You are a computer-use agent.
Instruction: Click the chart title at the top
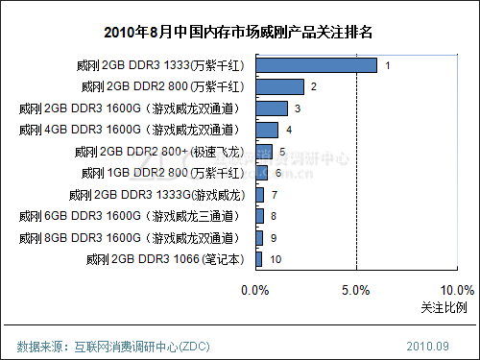coord(240,33)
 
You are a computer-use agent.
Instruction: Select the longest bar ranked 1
coord(316,65)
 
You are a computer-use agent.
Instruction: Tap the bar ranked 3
coord(272,108)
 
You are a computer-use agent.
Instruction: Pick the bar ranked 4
coord(267,130)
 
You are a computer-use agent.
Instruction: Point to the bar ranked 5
coord(264,152)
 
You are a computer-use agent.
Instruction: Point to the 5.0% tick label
coord(356,290)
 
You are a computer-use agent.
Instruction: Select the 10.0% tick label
coord(456,290)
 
